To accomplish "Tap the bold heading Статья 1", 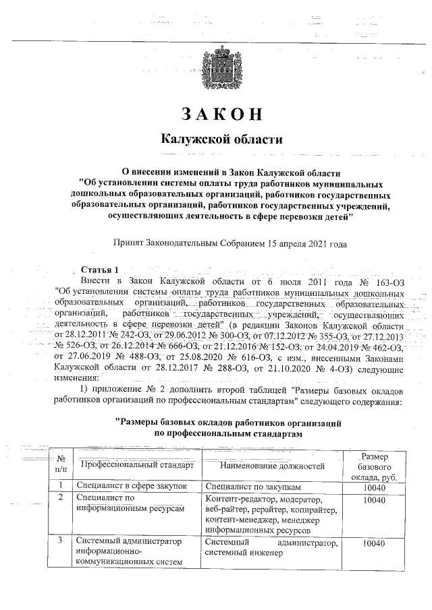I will click(99, 270).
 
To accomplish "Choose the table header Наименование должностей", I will click(272, 465).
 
